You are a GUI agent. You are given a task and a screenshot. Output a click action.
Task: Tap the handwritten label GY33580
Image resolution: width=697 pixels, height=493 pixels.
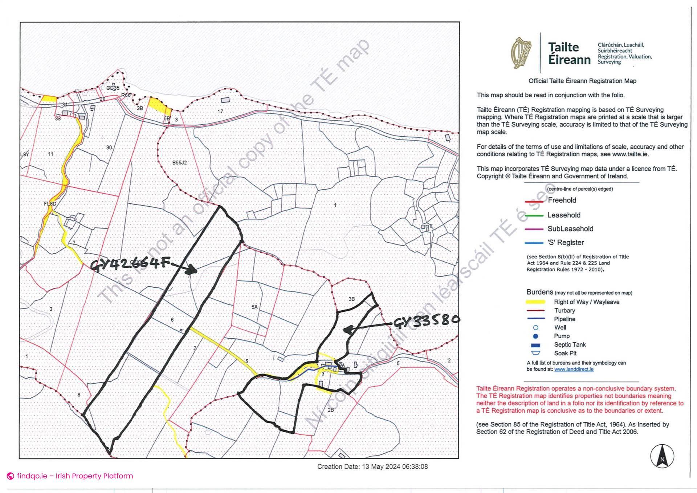426,321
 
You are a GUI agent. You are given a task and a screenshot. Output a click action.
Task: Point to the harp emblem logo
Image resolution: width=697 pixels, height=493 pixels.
521,53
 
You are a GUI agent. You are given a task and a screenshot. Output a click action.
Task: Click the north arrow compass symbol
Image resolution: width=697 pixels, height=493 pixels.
662,456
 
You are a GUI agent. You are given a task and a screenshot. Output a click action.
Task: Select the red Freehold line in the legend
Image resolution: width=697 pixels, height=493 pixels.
534,201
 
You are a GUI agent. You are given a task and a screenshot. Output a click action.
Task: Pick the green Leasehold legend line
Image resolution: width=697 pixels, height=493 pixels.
534,216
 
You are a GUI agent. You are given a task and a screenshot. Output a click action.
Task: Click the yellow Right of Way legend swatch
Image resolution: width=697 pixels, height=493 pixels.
535,302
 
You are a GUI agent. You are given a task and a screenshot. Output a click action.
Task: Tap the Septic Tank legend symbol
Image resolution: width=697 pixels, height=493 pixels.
535,345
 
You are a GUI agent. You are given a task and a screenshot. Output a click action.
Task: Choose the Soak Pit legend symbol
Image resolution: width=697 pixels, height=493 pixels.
535,353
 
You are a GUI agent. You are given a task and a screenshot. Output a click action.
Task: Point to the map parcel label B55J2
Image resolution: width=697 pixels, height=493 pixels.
179,163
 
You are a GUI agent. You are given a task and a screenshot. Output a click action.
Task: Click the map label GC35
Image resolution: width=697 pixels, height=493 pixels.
113,88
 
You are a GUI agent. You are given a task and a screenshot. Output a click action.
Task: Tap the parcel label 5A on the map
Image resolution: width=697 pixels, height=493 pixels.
254,307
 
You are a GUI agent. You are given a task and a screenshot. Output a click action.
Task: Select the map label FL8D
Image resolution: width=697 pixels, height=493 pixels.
50,204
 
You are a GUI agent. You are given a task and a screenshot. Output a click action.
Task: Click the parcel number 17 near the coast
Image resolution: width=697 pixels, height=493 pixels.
220,112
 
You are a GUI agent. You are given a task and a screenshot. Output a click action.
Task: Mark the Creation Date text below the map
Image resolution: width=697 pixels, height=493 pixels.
372,467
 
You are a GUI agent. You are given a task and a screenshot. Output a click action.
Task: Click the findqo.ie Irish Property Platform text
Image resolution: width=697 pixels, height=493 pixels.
75,476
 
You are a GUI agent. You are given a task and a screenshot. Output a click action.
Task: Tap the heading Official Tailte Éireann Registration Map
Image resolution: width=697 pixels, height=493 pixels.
582,81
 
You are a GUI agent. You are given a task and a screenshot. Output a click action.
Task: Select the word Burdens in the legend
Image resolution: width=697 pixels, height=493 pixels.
539,292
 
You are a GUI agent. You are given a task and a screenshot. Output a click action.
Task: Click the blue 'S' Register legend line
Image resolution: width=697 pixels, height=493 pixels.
534,243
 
